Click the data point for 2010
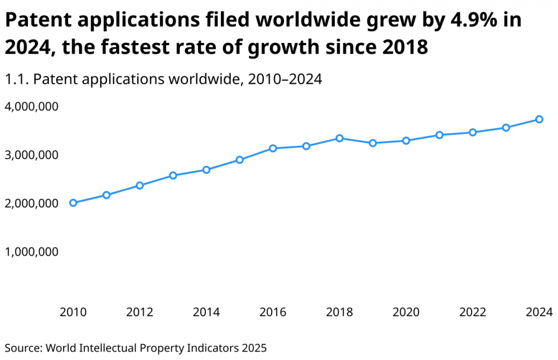pos(73,203)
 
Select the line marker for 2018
pos(339,138)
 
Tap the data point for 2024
pos(539,119)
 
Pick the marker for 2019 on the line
pos(373,143)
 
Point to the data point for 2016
pos(273,148)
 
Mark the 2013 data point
pos(173,175)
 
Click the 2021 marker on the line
pos(439,135)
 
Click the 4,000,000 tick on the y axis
pos(32,106)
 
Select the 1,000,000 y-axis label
pos(32,252)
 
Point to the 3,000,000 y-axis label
pos(32,155)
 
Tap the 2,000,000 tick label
pos(32,203)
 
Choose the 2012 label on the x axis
pos(139,311)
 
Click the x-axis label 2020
pos(406,311)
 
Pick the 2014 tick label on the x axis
pos(206,311)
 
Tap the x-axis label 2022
pos(473,311)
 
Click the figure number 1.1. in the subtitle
pos(17,79)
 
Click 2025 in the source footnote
pos(254,348)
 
